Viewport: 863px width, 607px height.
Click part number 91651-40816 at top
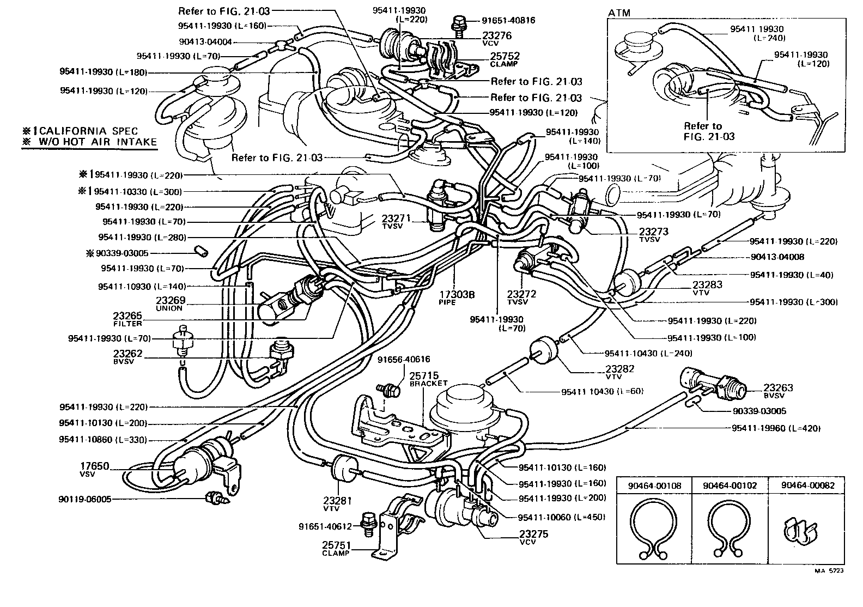508,21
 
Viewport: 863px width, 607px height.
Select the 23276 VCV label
497,38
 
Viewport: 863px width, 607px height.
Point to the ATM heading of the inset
619,13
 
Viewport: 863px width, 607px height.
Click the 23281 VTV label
331,503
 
